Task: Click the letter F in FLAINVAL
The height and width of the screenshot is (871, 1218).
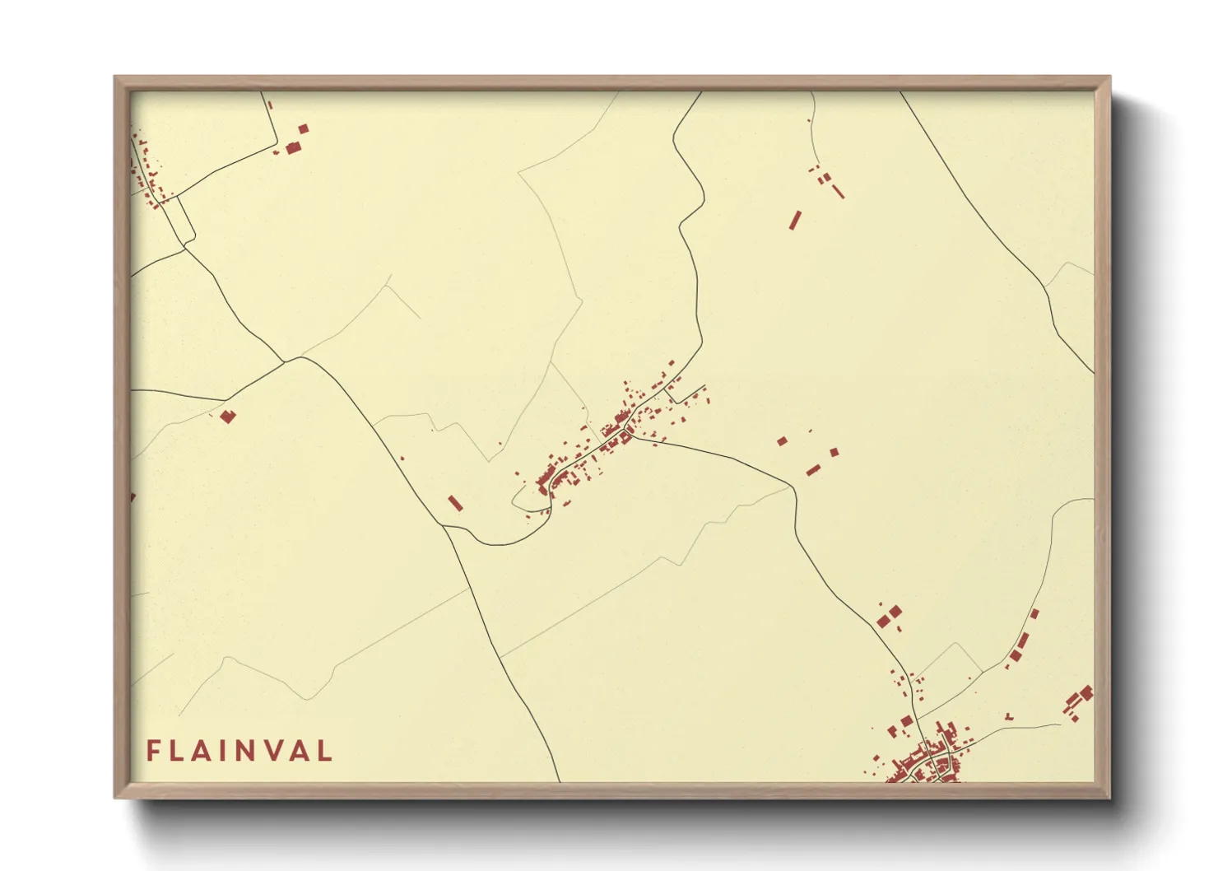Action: [152, 751]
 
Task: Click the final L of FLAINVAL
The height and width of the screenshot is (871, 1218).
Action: [326, 751]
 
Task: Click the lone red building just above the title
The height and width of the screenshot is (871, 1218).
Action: [228, 417]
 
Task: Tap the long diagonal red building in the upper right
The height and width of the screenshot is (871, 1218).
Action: [795, 220]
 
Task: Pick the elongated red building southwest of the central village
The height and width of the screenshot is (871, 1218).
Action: [455, 503]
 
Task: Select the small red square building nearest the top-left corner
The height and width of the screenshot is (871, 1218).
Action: [303, 128]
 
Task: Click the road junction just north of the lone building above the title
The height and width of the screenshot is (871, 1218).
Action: [285, 361]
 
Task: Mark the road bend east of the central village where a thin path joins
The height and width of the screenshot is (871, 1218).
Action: [794, 487]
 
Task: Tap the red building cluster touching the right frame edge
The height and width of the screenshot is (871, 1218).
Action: [1080, 700]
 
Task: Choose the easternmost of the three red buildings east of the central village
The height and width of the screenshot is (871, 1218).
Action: [834, 452]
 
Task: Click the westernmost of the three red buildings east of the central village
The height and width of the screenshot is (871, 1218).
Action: [782, 442]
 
